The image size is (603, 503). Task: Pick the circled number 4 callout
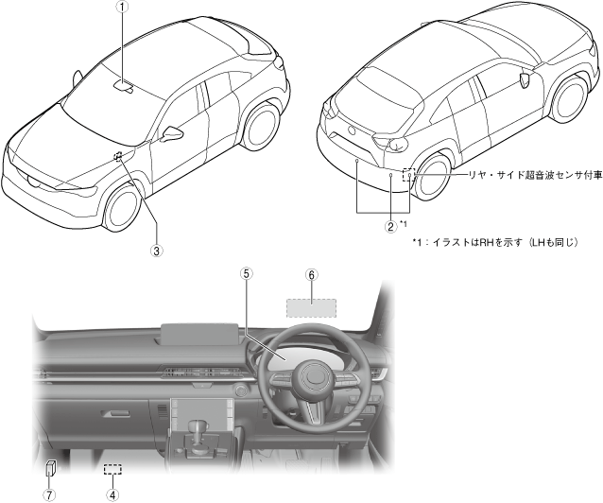click(112, 494)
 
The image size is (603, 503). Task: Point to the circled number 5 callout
click(246, 273)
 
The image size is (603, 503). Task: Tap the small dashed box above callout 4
click(113, 468)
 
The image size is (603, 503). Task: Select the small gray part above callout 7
click(52, 468)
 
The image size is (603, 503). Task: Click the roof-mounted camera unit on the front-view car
click(125, 87)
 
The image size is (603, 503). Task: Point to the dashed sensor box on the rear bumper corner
click(408, 175)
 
